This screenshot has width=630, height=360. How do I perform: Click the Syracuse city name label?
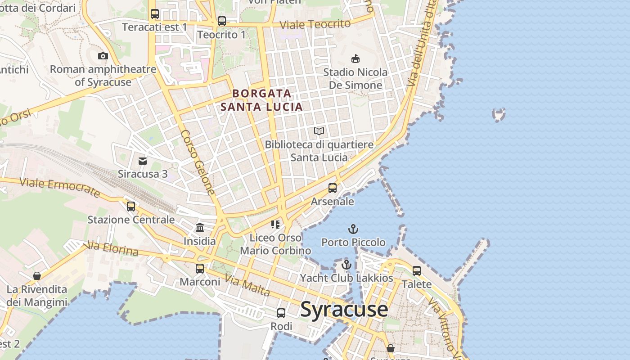click(x=344, y=309)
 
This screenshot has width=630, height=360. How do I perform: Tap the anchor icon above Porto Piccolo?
click(x=353, y=229)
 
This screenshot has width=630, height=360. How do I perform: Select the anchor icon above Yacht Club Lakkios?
click(x=346, y=265)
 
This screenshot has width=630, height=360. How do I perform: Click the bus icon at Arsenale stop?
click(x=333, y=188)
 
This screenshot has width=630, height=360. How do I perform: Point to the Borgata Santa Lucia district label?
click(x=261, y=100)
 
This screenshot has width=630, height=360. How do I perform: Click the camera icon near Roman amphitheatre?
click(x=103, y=56)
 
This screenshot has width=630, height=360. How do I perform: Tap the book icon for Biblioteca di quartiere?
click(x=319, y=131)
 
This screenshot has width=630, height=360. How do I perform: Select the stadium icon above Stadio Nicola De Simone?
click(x=355, y=58)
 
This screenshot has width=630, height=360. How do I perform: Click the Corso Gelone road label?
click(x=198, y=162)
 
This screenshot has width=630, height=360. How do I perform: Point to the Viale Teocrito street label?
click(x=315, y=24)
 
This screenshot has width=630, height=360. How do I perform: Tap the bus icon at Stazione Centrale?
click(x=131, y=207)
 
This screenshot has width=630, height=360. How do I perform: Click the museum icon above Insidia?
click(x=200, y=228)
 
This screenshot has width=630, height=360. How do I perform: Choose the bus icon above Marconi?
click(x=200, y=269)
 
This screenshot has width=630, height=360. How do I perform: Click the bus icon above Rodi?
click(x=281, y=313)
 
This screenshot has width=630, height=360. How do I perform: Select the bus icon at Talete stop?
click(x=417, y=271)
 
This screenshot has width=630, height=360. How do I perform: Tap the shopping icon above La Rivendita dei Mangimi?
click(x=37, y=275)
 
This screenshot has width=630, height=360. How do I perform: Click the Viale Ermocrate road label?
click(x=60, y=187)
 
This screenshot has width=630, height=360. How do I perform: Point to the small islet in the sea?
click(x=499, y=114)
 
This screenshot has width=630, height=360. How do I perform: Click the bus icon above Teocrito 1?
click(x=222, y=21)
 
